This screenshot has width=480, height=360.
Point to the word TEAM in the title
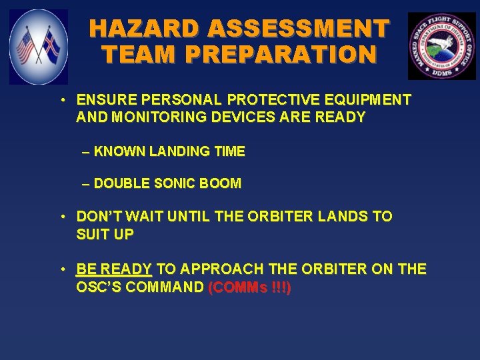point(130,54)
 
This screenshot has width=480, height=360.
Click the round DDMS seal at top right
point(441,46)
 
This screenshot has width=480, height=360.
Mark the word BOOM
point(224,183)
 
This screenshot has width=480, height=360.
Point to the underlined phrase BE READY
point(114,269)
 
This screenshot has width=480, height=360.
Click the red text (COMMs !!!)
point(249,288)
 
